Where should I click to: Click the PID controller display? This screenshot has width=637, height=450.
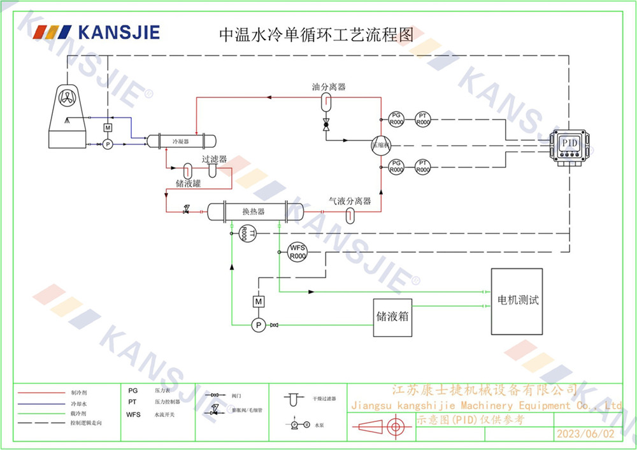569,143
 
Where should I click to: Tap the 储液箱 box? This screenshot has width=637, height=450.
392,316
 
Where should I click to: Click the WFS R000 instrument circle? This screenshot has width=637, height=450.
297,251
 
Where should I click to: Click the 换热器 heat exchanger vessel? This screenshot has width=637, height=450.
253,212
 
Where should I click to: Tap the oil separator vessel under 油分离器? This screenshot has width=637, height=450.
326,101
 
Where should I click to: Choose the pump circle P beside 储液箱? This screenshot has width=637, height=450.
259,325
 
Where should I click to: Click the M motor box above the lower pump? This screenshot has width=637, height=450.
259,300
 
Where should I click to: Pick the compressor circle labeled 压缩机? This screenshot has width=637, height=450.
380,145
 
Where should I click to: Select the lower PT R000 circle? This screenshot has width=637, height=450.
422,167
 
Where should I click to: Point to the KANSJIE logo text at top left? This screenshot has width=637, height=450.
118,32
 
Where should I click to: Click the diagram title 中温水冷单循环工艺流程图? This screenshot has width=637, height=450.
316,34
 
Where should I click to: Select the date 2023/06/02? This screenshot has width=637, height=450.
585,434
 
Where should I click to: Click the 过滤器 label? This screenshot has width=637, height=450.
215,159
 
